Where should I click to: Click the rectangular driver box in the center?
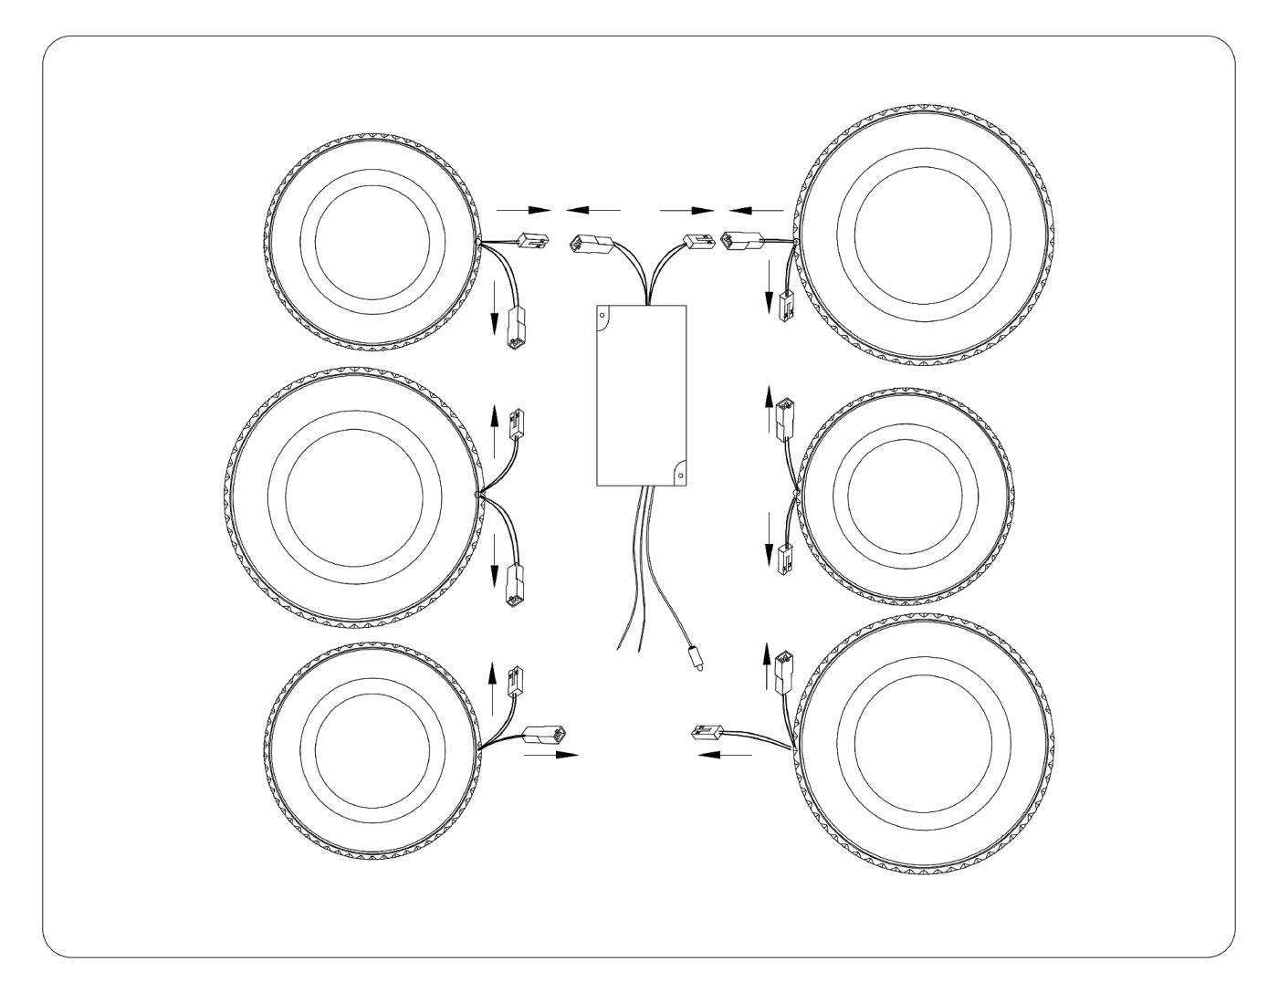pos(641,394)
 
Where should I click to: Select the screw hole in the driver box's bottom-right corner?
pos(678,473)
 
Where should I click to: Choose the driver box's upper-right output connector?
pos(698,244)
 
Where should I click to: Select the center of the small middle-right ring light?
pos(904,495)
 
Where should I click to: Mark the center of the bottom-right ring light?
pos(923,742)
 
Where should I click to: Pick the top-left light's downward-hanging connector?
pos(514,328)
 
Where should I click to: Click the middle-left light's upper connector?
pos(515,422)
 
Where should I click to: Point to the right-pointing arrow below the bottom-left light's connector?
pos(553,755)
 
